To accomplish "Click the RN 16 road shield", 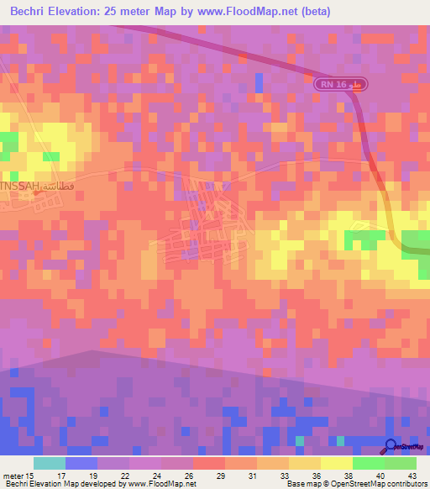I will [x=342, y=84].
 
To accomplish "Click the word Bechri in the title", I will [x=32, y=12].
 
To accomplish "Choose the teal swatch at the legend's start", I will [x=50, y=463].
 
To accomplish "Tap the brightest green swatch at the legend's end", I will [x=401, y=463].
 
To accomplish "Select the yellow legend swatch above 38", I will [x=337, y=463].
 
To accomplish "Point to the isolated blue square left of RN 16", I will [x=259, y=82].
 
